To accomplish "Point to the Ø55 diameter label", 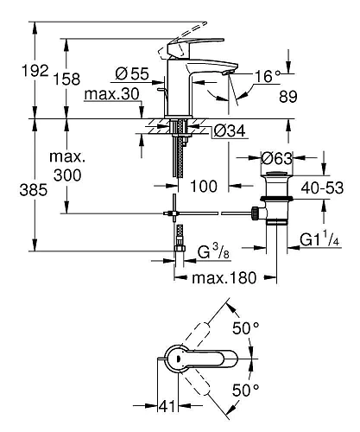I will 133,73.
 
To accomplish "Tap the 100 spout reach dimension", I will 202,184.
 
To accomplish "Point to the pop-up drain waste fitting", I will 275,207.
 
